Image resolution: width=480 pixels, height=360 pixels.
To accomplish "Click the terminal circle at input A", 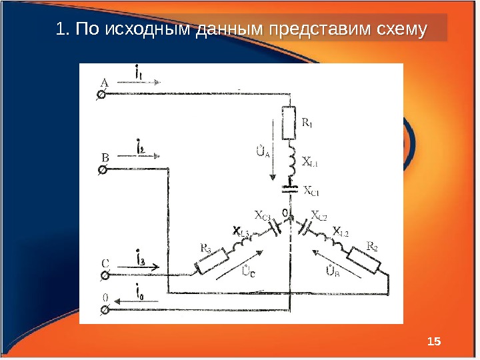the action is [x=103, y=95].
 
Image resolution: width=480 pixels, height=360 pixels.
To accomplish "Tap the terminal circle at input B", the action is [x=103, y=171].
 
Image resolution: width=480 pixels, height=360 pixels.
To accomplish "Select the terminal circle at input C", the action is [x=103, y=275].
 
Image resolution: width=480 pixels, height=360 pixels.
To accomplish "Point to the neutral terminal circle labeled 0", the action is [x=103, y=310].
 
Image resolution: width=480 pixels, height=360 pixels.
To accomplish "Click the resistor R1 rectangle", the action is [x=289, y=122].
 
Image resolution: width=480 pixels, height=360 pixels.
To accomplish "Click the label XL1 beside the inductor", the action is [x=310, y=161].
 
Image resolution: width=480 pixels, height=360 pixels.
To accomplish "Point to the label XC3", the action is [x=263, y=215].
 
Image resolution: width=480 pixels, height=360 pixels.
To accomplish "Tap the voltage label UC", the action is [x=249, y=271].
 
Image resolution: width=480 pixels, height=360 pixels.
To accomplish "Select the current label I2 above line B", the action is [x=141, y=146].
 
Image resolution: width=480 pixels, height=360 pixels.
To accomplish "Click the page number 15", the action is [x=433, y=342].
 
